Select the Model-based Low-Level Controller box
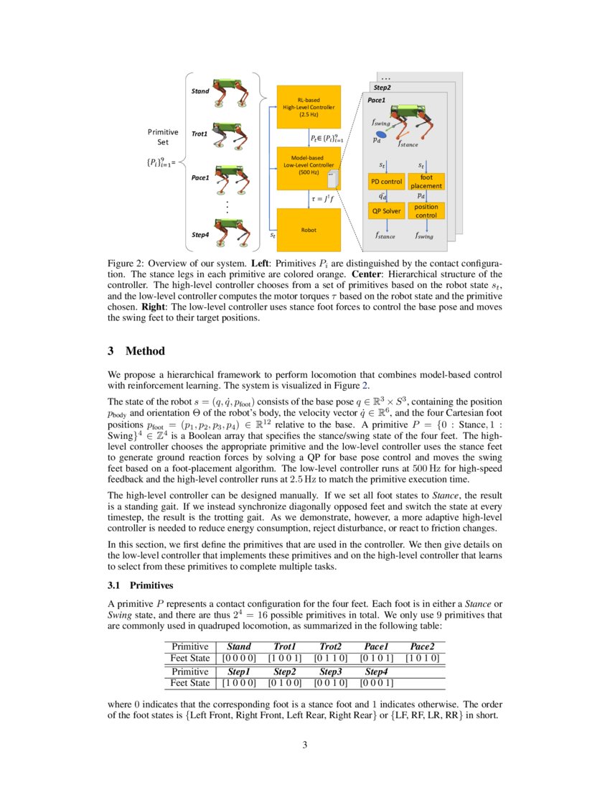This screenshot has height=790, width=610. [309, 167]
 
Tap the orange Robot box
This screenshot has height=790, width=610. [309, 230]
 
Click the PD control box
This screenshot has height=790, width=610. [387, 182]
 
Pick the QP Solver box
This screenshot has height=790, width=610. [387, 211]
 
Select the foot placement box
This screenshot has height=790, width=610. [426, 181]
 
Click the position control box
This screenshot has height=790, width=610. [426, 211]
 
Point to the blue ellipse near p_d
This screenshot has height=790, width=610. [383, 134]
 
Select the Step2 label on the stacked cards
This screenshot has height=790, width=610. [381, 87]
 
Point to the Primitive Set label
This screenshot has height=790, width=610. [163, 136]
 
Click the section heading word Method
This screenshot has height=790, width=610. [145, 351]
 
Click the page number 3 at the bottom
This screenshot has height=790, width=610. [305, 745]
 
